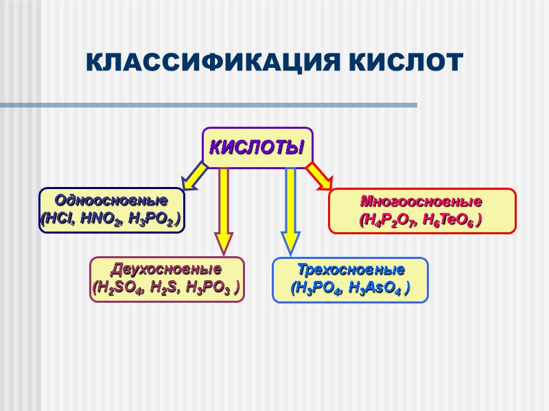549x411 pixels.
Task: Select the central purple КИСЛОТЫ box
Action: coord(257,147)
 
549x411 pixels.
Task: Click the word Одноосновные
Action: coord(112,201)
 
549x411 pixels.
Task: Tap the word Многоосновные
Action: coord(422,203)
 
